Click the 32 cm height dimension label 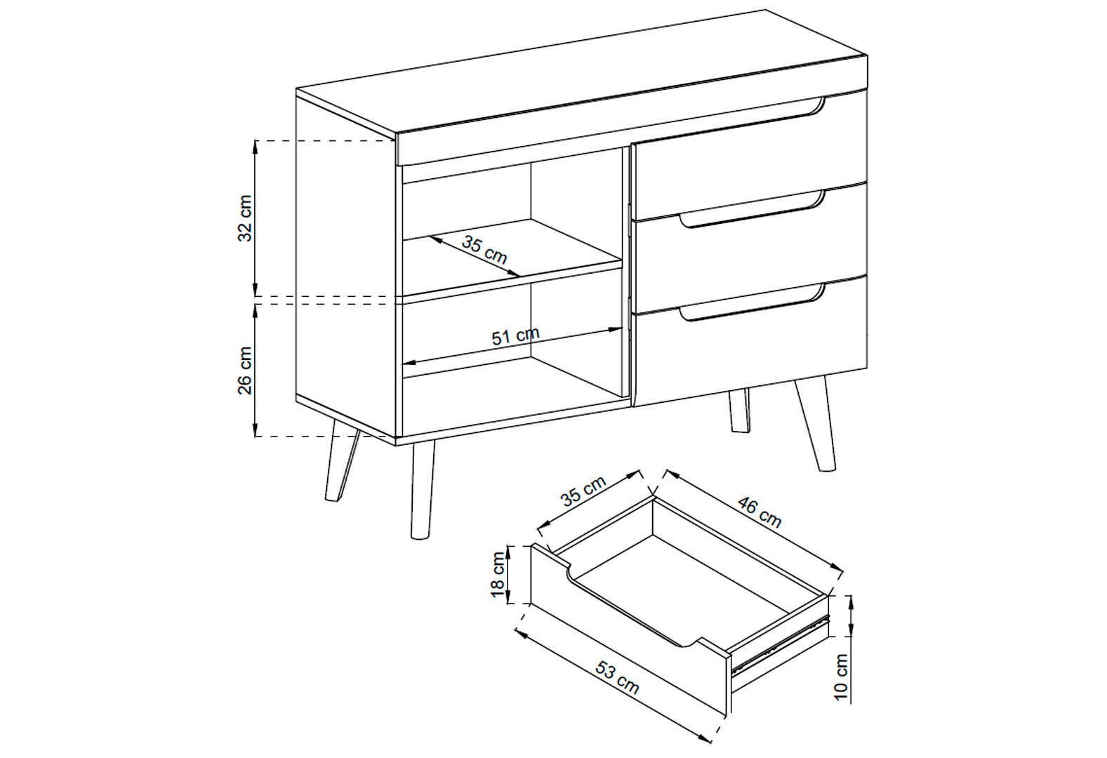(244, 218)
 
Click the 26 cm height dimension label (244, 370)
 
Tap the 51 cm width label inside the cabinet (515, 336)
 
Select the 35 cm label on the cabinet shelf (484, 250)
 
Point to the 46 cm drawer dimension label (760, 512)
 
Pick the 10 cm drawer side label (841, 677)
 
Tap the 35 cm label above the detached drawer (583, 491)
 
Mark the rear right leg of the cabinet (739, 410)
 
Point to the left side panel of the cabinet (345, 267)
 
